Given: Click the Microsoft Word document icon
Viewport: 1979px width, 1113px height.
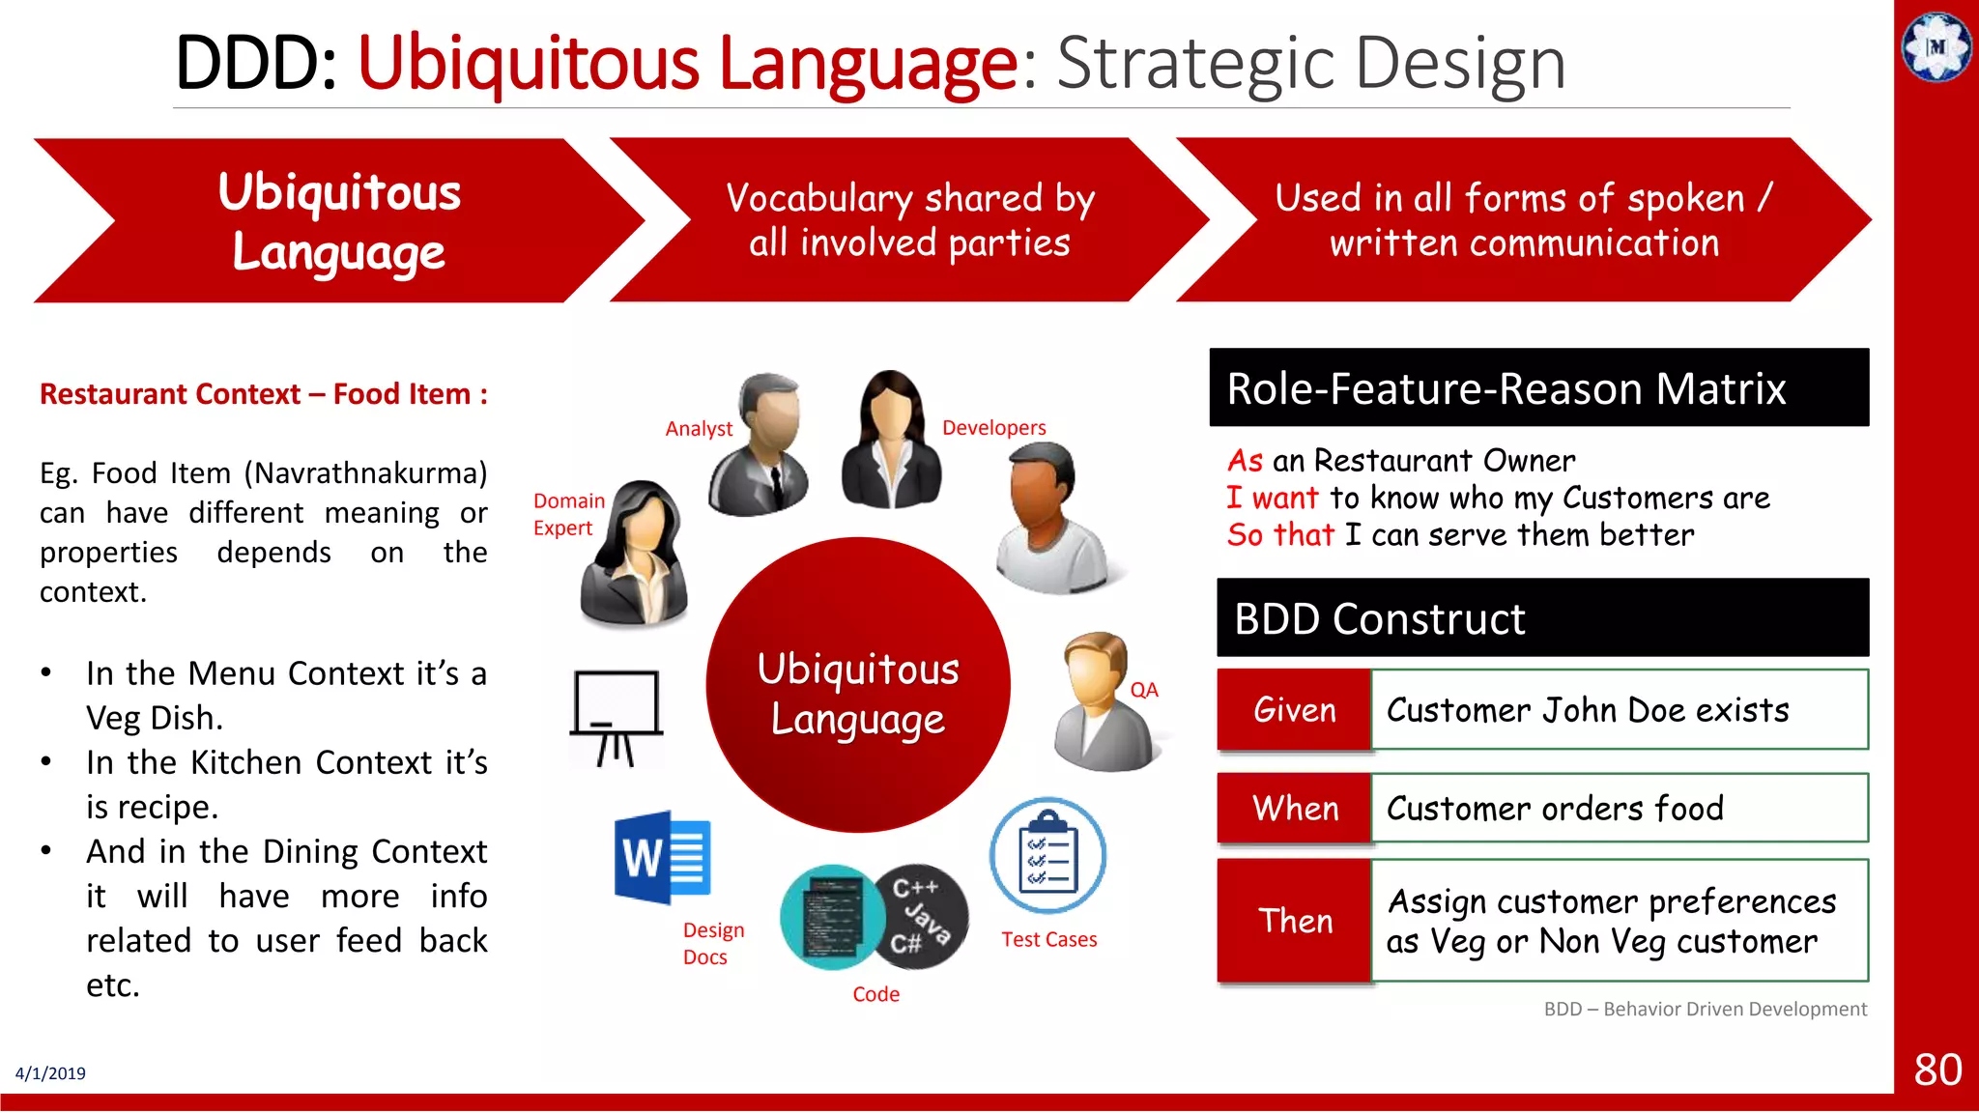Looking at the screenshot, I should (663, 858).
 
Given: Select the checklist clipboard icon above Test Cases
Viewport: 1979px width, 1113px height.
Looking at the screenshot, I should (1047, 856).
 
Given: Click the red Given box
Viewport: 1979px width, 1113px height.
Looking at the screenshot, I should (1294, 710).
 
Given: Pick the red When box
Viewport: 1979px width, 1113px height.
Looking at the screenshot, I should (1294, 808).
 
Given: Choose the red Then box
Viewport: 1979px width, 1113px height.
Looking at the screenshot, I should (1294, 921).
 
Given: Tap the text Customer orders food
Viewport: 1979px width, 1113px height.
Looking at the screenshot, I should (1554, 808).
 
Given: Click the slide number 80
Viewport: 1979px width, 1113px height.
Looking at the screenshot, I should (1936, 1070).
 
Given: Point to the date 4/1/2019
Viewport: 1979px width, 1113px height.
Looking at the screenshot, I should (50, 1073).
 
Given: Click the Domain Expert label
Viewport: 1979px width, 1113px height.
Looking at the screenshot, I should (568, 514).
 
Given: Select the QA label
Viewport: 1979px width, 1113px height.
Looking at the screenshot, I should (1144, 690).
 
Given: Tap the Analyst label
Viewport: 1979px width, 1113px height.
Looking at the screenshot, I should (699, 428).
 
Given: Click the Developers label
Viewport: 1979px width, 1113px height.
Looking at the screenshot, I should (993, 427).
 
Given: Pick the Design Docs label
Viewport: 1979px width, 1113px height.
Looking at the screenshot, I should (712, 943).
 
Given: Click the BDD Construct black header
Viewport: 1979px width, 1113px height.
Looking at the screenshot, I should (1541, 618).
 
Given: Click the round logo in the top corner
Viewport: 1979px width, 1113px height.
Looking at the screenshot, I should (1936, 46).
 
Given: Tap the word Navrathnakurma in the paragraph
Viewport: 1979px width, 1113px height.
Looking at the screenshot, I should (365, 473).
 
